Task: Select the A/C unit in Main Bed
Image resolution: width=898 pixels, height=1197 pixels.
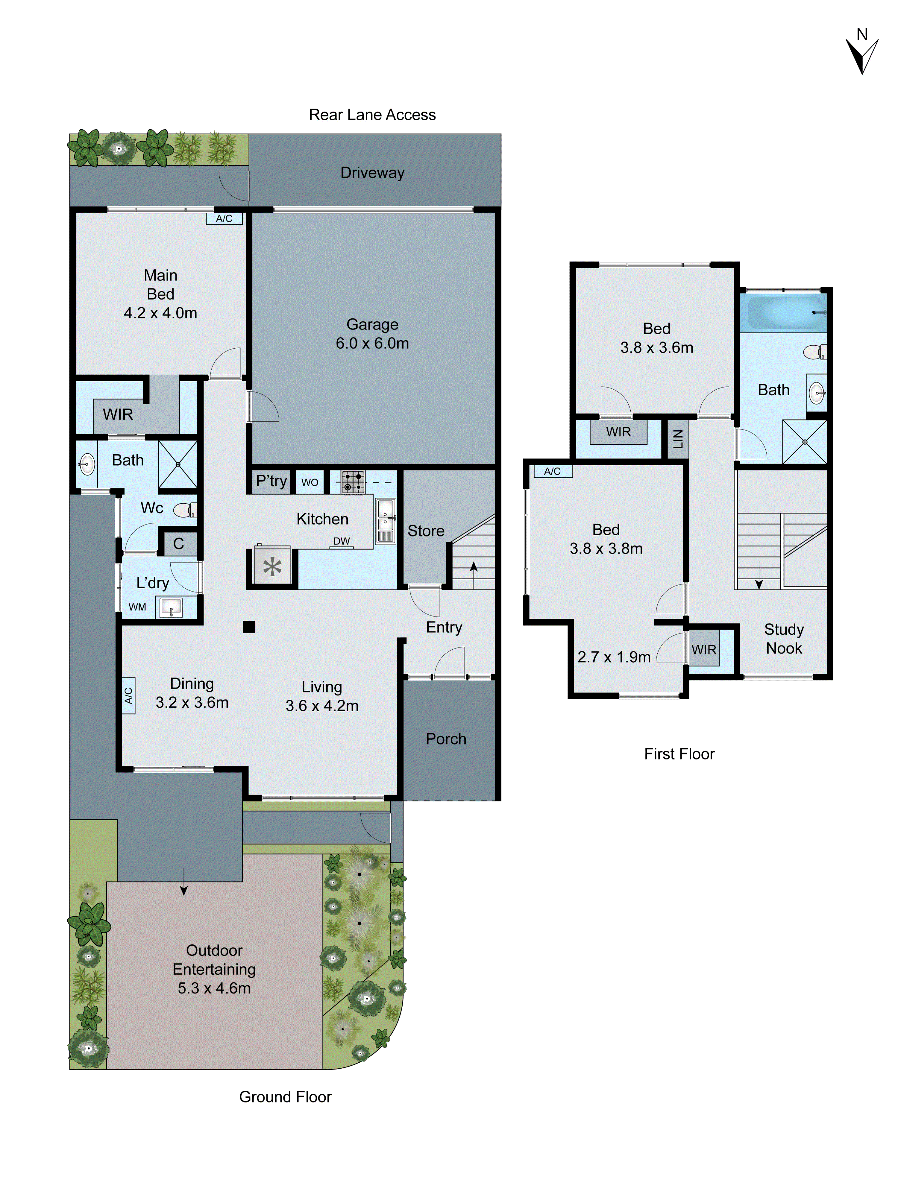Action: pos(224,219)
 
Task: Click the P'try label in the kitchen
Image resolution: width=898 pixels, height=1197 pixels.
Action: pos(271,481)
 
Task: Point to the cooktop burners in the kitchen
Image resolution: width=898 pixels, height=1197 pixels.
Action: pos(352,482)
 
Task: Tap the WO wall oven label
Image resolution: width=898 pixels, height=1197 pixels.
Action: pos(310,482)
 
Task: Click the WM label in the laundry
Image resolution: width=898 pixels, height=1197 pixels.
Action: pos(137,607)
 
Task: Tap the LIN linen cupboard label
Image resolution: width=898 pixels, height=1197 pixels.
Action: pos(678,439)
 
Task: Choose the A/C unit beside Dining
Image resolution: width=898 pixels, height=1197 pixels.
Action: pos(128,695)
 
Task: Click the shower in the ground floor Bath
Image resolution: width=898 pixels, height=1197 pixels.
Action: pos(178,464)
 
